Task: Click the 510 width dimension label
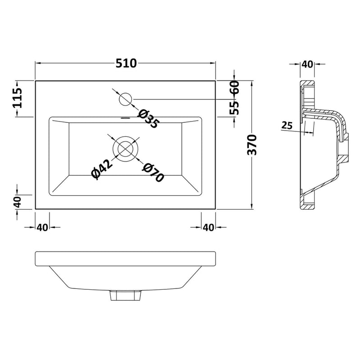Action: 126,63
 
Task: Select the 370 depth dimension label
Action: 252,145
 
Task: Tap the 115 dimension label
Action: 18,98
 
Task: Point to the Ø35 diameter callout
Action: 148,119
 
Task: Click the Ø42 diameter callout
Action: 102,169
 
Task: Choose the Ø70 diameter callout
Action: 153,173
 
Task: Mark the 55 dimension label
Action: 234,108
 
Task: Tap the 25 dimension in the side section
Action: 287,126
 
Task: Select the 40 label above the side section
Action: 307,64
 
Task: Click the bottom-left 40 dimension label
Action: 42,228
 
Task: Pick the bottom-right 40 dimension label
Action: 208,228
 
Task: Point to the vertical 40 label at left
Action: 18,202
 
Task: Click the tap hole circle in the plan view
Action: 126,99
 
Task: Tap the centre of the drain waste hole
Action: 126,149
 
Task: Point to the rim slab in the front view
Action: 126,259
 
